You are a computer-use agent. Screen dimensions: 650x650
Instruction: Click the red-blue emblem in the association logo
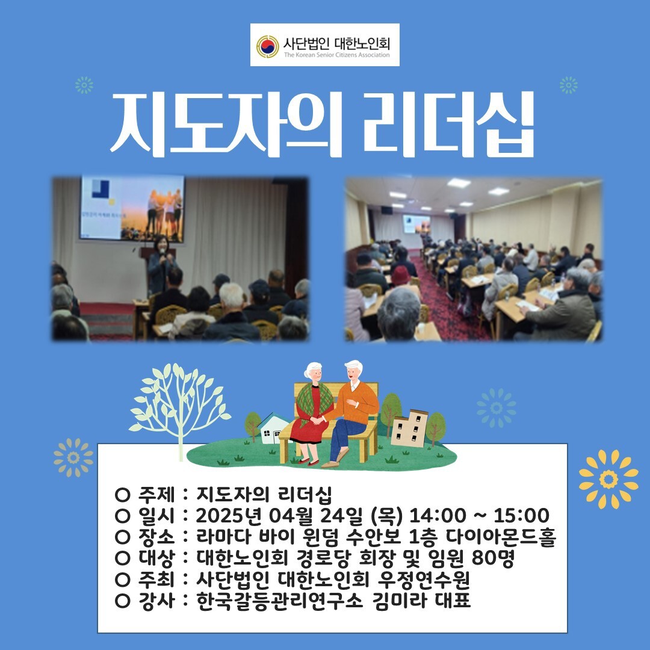click(x=267, y=46)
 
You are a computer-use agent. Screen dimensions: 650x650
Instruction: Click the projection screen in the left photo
click(x=132, y=208)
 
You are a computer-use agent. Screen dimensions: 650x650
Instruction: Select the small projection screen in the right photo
click(x=416, y=224)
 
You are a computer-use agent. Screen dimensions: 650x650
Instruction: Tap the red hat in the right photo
click(x=401, y=275)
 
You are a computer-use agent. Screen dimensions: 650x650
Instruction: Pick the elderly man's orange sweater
click(x=356, y=402)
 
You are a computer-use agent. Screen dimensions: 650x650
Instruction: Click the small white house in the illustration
click(x=273, y=429)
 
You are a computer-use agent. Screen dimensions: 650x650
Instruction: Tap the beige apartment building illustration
click(x=409, y=429)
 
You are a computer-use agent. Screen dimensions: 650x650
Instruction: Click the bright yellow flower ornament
click(x=608, y=480)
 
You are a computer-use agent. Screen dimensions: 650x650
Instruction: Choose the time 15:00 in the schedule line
click(x=521, y=516)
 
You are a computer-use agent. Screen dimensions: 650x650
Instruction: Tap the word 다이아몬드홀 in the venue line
click(x=501, y=537)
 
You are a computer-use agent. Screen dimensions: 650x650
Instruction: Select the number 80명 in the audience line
click(x=493, y=558)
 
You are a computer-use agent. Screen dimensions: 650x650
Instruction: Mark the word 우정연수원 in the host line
click(x=423, y=580)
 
